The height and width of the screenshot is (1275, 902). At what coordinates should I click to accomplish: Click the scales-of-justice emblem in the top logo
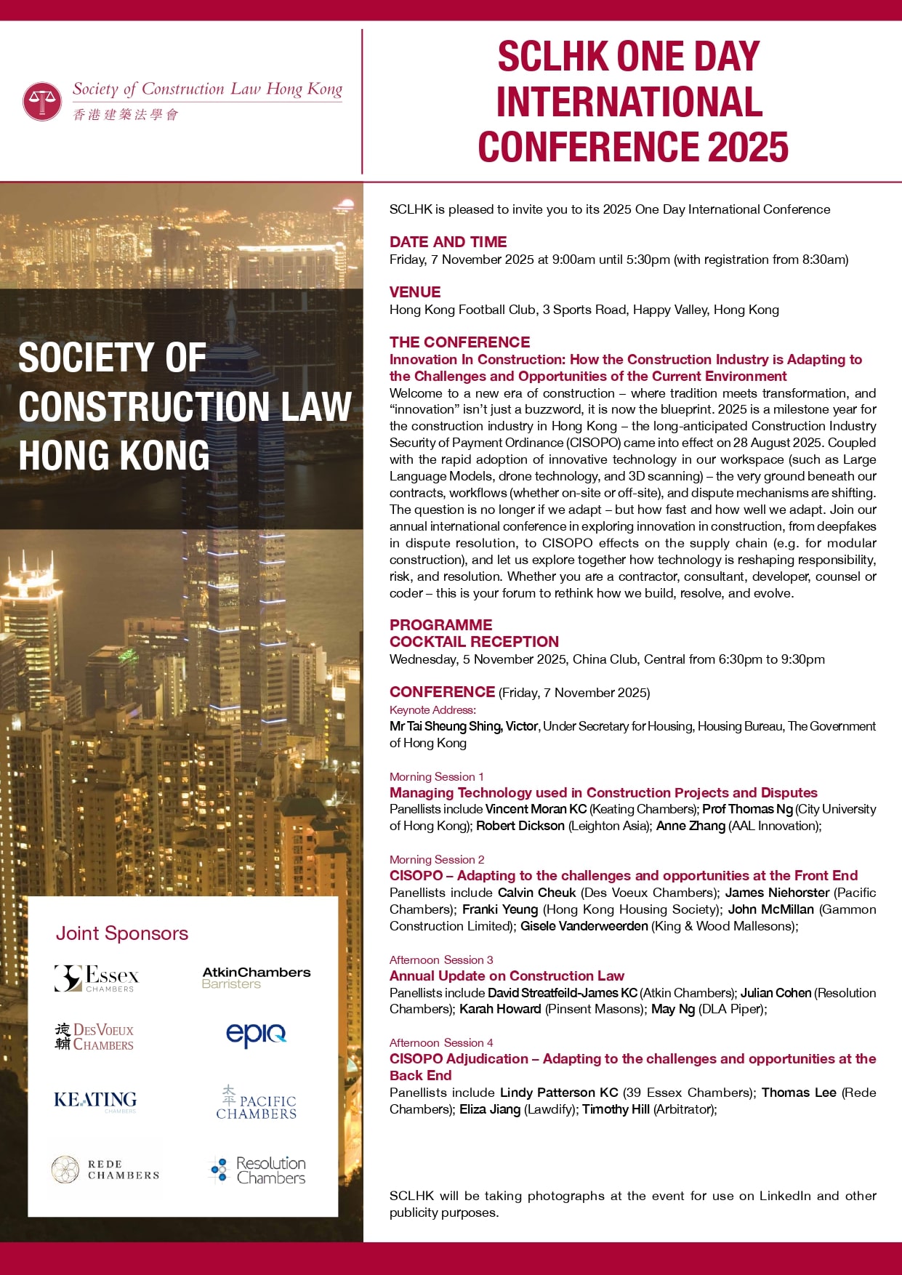click(x=42, y=101)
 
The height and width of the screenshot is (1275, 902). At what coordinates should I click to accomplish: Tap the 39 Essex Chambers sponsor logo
click(x=97, y=978)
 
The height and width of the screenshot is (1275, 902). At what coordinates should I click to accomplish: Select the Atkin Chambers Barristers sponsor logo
click(x=256, y=978)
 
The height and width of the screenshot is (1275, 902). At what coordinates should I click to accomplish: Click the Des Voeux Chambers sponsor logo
click(x=94, y=1037)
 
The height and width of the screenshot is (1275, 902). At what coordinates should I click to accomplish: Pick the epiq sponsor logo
click(x=256, y=1034)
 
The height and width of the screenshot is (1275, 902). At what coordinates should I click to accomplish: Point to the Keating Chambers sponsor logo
click(x=95, y=1101)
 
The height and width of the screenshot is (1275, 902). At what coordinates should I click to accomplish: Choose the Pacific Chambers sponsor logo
click(x=256, y=1103)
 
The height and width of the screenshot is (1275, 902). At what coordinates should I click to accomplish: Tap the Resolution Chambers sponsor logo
click(x=258, y=1170)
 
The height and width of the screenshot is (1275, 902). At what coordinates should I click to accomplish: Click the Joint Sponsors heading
click(x=122, y=933)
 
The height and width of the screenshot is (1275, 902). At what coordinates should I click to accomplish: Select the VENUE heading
click(x=415, y=292)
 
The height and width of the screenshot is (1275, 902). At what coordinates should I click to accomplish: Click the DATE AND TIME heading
click(x=448, y=242)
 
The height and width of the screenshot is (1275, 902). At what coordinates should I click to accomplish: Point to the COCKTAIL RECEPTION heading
click(x=474, y=642)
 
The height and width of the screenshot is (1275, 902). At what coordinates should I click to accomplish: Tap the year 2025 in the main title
click(x=748, y=147)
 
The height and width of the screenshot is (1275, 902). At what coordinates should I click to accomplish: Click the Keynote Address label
click(x=432, y=710)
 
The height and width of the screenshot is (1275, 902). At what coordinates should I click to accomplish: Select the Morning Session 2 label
click(x=437, y=859)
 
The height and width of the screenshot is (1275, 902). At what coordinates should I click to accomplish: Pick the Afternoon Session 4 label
click(x=441, y=1042)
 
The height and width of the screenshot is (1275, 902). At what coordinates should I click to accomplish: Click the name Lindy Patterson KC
click(x=559, y=1093)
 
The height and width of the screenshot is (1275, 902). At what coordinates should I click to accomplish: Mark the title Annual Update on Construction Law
click(x=507, y=976)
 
